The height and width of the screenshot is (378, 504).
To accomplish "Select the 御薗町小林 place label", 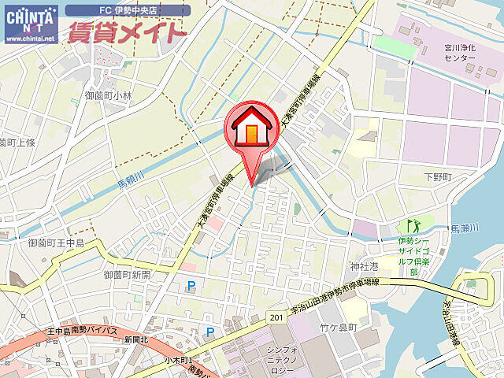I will (x=109, y=95).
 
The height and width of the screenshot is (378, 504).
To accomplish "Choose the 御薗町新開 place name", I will (x=127, y=275).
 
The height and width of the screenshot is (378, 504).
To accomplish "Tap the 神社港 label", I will (x=365, y=266).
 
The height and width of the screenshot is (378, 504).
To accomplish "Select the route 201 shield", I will (x=275, y=316).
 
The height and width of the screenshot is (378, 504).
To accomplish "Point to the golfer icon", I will (x=410, y=227).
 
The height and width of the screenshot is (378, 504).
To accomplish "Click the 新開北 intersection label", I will (x=135, y=339).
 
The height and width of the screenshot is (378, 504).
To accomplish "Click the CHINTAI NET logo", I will (x=30, y=18).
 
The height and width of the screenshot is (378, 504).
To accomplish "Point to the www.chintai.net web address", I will (x=30, y=38).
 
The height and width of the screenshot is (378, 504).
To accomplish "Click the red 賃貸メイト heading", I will (x=126, y=32).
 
